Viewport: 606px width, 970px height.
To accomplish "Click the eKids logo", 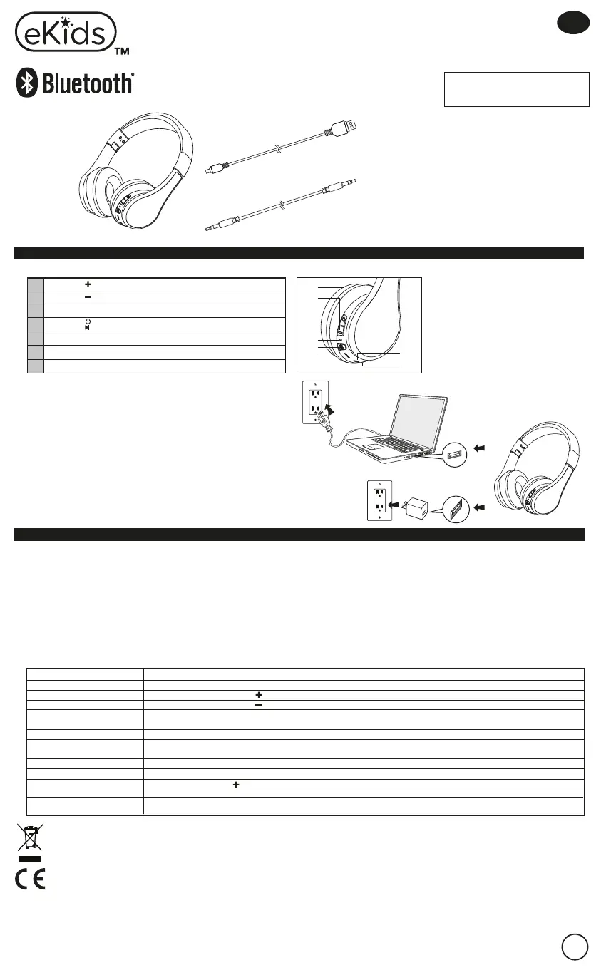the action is point(65,33).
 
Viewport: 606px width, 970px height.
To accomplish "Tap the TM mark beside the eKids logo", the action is point(122,52).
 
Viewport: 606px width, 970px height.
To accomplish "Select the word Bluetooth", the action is point(88,84).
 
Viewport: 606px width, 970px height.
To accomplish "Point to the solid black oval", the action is point(574,24).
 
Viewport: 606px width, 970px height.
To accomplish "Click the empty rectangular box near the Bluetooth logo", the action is point(516,89).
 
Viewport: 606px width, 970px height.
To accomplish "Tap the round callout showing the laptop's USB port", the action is point(454,452).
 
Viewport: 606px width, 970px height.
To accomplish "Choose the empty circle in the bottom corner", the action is point(574,947).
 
